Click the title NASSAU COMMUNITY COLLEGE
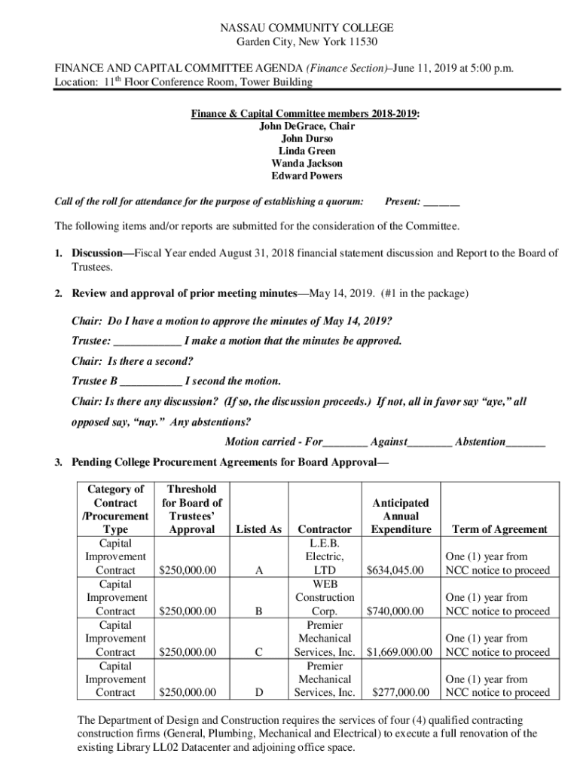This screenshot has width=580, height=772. [x=307, y=28]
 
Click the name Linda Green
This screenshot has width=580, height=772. [x=307, y=151]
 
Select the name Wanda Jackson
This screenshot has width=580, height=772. [x=307, y=164]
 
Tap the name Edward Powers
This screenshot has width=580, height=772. [x=307, y=176]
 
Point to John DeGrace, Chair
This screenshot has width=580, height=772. [x=307, y=126]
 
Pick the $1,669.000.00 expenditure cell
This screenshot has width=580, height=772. [x=399, y=651]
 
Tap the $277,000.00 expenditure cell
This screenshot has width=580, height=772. [x=401, y=692]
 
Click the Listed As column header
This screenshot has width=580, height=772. [x=258, y=529]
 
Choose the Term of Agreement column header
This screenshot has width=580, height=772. [x=498, y=529]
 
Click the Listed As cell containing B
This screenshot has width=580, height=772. [x=258, y=611]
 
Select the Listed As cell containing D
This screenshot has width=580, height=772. [x=258, y=692]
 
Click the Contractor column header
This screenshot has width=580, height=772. [x=325, y=529]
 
